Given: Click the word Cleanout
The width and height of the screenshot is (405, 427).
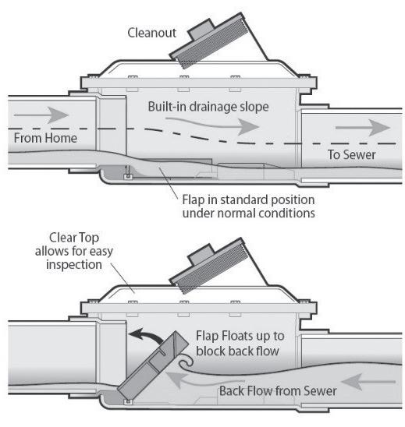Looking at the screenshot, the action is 151,33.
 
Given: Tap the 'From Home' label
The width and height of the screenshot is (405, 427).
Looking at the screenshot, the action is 45,138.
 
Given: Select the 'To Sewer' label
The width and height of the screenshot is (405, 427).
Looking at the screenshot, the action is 351,155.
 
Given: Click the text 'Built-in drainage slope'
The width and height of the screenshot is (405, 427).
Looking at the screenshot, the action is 208,107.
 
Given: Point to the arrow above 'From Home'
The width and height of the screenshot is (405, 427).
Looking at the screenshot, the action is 41,115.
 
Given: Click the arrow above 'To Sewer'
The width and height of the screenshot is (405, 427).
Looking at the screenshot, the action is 363,128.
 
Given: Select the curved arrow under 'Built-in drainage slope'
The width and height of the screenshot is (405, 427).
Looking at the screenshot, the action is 212,125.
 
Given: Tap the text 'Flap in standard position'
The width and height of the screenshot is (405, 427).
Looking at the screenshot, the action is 248,199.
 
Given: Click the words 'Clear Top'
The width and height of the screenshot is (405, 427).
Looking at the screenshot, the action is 74,238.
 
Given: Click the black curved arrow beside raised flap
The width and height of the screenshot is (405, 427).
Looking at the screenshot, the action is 145,335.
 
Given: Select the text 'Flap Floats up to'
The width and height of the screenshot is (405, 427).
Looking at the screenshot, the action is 240,336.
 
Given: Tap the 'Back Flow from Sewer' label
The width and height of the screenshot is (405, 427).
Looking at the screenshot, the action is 278,391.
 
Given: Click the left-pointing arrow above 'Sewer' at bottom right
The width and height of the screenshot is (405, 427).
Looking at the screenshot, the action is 368,382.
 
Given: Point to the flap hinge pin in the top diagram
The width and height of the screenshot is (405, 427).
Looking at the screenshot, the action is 128,176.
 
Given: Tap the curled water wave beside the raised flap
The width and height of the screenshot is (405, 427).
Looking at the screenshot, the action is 187,362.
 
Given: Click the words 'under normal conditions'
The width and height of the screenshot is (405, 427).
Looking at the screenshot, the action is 249,213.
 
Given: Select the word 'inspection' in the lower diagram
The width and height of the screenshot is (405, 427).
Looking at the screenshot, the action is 74,265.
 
